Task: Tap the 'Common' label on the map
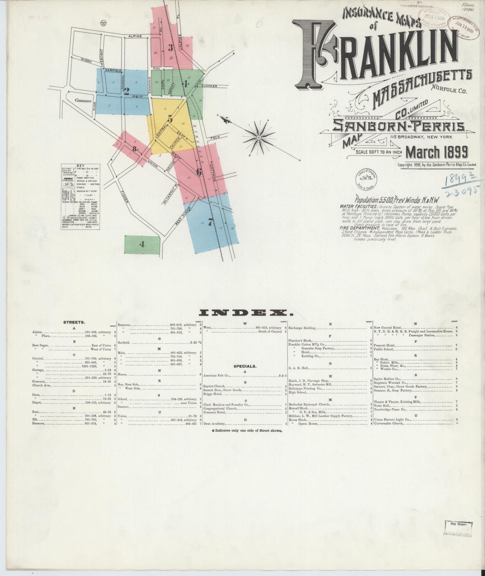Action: tap(83, 101)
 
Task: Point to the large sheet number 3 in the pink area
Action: tap(170, 47)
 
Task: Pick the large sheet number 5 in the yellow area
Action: tap(170, 119)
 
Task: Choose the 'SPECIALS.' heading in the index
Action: tap(245, 366)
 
